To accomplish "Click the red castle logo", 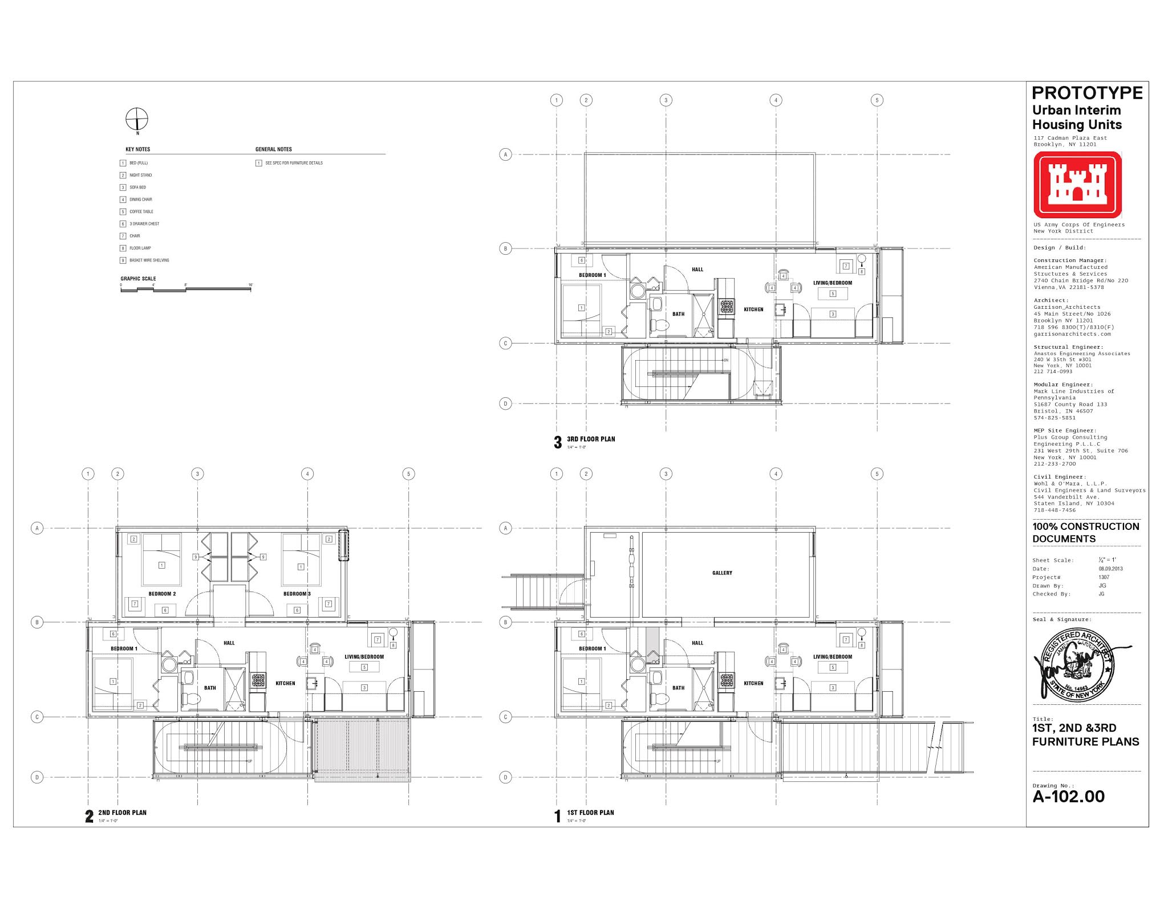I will pos(1077,185).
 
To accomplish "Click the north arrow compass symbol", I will pos(137,119).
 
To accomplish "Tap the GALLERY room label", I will pos(722,573).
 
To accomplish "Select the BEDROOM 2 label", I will pos(162,594).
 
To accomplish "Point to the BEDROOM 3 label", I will pos(297,594).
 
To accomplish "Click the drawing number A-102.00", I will pos(1068,797).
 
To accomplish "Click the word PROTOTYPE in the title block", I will pos(1087,93).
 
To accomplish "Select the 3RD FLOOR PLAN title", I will pos(591,439).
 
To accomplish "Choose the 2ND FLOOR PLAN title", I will pos(122,813).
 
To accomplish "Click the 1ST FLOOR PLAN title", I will pos(590,813).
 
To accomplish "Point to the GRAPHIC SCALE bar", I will pos(186,289).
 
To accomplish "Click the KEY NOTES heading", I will pos(138,149).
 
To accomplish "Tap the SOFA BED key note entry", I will pos(137,187).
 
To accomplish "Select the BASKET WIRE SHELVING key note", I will pos(149,260).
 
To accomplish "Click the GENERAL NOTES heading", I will pos(274,149).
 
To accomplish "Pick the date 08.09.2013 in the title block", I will pos(1110,569).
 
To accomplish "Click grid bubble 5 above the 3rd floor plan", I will pos(877,100).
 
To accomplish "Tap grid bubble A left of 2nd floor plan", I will pos(37,528).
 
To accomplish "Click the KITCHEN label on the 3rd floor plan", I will pos(753,309).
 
